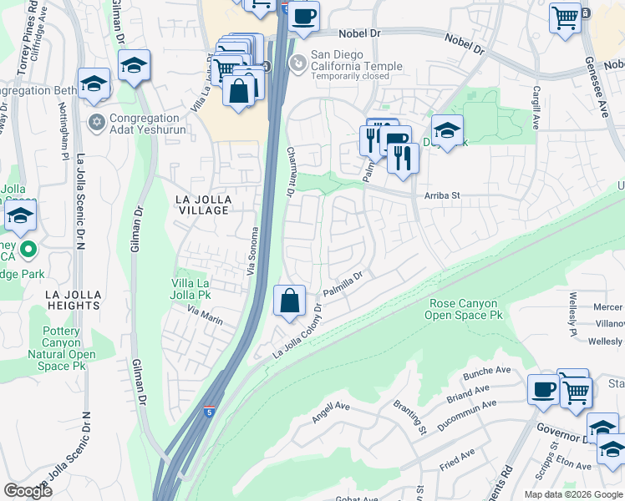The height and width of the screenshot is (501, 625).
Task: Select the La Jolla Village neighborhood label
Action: coord(201,204)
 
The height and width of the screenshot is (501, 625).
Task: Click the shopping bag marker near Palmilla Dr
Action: coord(289,301)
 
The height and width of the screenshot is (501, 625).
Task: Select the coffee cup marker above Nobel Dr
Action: coord(304,16)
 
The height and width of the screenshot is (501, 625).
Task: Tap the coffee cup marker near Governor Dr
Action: coord(544,389)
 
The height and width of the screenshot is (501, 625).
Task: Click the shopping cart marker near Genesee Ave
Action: coord(566,16)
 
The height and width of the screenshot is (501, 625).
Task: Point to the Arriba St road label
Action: coord(443,195)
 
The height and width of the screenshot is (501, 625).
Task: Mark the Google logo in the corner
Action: coord(28,491)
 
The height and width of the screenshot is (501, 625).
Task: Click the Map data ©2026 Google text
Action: coord(573,494)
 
